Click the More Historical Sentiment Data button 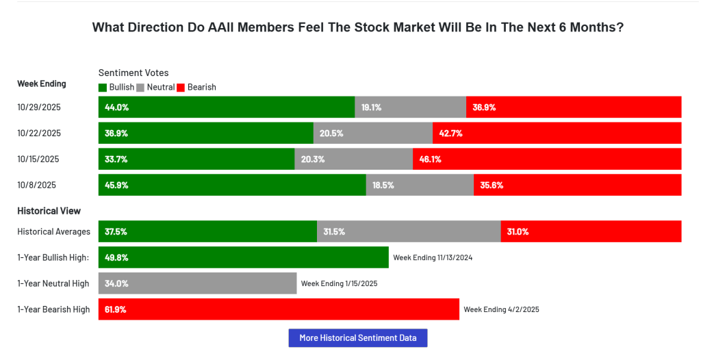pos(358,337)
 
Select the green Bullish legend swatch pos(103,88)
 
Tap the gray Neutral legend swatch pos(141,88)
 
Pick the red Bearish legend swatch pos(181,88)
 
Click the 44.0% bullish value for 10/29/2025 pos(116,107)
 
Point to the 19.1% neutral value pos(371,107)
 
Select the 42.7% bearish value pos(451,133)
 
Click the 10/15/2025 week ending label pos(38,159)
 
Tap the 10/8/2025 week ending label pos(36,185)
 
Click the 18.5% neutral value pos(383,185)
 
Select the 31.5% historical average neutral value pos(334,232)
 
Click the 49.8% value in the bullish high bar pos(116,258)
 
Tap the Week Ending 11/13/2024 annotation pos(433,258)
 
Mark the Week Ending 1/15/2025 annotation pos(339,283)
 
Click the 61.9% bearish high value pos(116,309)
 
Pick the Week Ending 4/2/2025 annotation pos(501,309)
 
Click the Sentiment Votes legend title pos(133,73)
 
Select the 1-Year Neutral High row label pos(53,283)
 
